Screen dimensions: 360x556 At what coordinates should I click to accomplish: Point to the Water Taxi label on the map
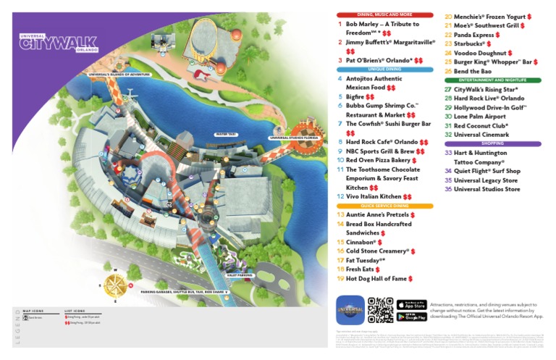click(226, 134)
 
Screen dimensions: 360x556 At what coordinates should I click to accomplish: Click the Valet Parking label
click(239, 275)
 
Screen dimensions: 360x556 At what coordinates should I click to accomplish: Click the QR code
click(380, 309)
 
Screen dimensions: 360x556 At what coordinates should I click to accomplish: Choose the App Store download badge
click(412, 304)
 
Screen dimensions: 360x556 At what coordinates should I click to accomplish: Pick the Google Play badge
click(412, 316)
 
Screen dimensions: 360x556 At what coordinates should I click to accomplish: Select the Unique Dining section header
click(384, 70)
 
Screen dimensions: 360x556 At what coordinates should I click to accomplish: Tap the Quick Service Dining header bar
click(384, 206)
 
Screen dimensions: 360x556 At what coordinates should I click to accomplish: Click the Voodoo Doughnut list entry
click(481, 53)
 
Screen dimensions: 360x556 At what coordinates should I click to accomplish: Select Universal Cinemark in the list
click(484, 134)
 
